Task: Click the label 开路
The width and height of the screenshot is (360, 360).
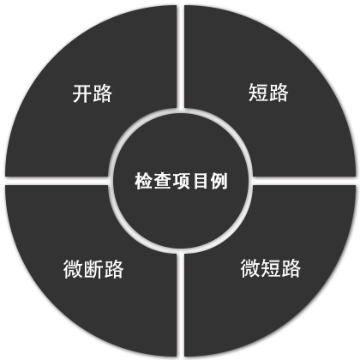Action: (93, 93)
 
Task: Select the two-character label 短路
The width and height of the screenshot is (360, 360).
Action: (268, 93)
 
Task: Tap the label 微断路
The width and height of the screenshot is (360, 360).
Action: (93, 269)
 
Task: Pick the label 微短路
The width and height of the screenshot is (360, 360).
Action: (270, 267)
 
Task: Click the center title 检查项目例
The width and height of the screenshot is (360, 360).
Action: (181, 181)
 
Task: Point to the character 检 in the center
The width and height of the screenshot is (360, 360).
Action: (144, 181)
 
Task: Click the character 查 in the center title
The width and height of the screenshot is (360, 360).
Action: (163, 181)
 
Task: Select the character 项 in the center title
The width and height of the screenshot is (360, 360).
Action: (181, 181)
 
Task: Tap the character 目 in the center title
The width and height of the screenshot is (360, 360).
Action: (200, 181)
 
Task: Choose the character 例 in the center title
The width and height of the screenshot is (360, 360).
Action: (219, 181)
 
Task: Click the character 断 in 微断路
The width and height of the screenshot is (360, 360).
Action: (93, 269)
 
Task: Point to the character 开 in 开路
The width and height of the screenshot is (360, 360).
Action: (82, 93)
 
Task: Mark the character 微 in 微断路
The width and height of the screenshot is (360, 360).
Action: (73, 269)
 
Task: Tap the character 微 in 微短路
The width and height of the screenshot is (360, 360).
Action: (250, 267)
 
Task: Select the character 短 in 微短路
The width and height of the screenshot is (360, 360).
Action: (270, 267)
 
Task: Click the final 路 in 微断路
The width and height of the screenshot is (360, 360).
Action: (114, 269)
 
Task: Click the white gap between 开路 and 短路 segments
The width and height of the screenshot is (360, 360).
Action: (180, 57)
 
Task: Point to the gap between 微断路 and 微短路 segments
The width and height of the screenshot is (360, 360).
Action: (180, 304)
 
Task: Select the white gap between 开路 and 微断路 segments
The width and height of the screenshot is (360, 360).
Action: (57, 181)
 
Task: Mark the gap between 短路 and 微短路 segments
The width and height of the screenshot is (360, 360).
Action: (304, 181)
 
